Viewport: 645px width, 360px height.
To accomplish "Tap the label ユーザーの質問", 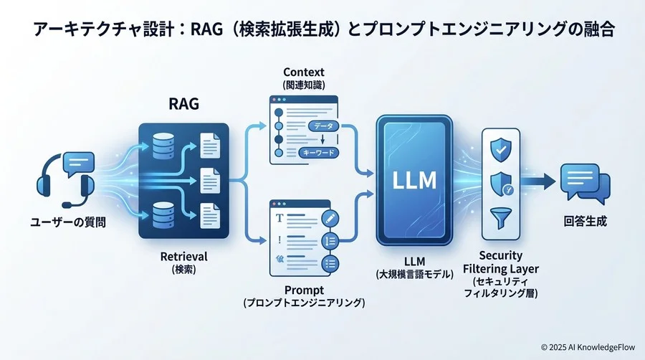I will pos(68,222).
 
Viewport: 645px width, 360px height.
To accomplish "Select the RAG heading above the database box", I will pos(183,105).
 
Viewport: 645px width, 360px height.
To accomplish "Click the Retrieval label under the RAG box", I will pos(183,256).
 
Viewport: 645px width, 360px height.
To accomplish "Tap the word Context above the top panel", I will pos(304,72).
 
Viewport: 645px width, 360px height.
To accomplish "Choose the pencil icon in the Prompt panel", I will pos(330,217).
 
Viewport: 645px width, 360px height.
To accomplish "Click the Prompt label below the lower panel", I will pos(303,290).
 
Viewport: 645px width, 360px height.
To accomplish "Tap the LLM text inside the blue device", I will pos(414,179).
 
